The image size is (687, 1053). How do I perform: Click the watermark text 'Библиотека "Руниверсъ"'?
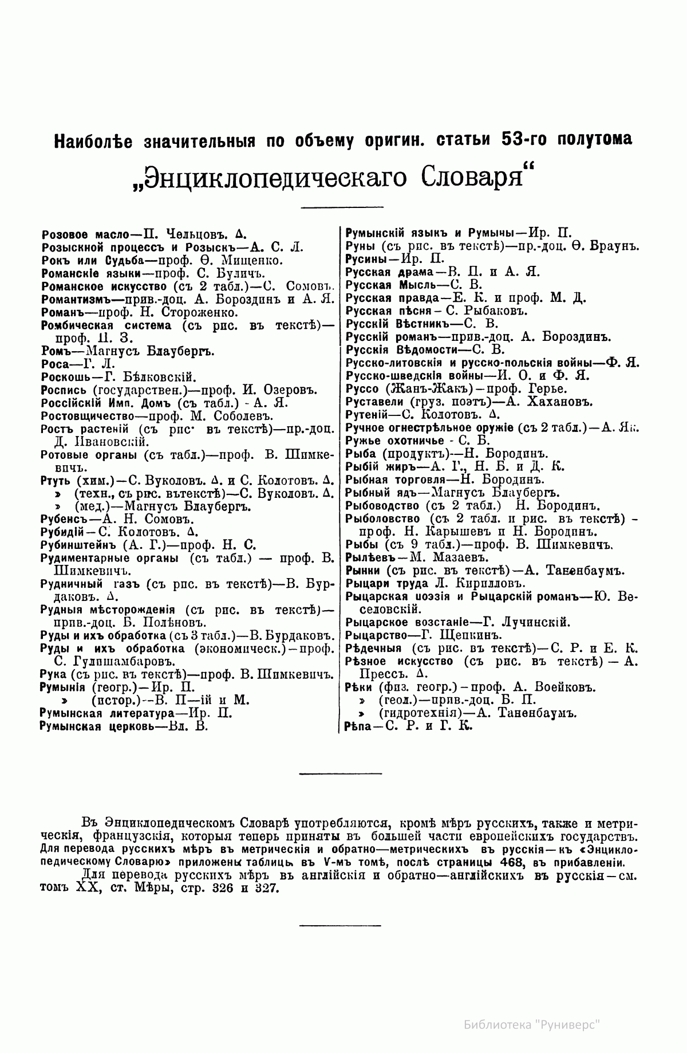[532, 1024]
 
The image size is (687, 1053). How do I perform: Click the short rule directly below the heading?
[342, 207]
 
